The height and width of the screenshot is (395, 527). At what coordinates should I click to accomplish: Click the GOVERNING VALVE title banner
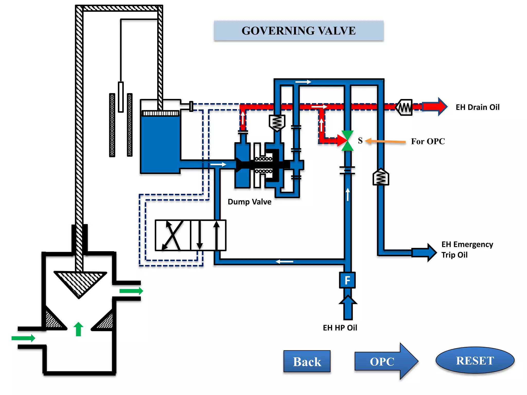tap(298, 31)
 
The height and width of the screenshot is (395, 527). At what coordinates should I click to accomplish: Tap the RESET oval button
tap(475, 360)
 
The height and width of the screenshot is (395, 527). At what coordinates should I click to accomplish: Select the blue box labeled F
tap(347, 280)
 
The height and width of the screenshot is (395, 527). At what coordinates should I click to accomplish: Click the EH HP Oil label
tap(340, 328)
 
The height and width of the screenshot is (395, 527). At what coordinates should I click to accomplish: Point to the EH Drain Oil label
tap(478, 107)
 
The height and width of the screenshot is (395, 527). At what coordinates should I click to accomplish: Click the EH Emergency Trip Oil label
tap(467, 249)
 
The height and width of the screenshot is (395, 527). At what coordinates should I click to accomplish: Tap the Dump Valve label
tap(249, 202)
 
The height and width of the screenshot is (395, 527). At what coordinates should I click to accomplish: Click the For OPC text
tap(428, 141)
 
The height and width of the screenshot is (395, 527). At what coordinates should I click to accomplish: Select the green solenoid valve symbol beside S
tap(347, 141)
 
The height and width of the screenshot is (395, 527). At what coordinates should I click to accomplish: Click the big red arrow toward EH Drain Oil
tap(435, 106)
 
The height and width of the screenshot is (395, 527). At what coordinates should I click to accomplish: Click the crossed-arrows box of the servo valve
tap(173, 235)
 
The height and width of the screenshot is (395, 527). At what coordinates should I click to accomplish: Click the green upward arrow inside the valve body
tap(78, 329)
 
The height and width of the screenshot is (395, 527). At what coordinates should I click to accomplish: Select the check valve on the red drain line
tap(405, 107)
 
